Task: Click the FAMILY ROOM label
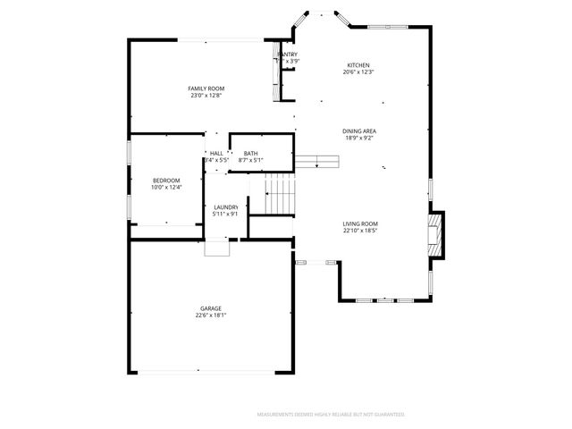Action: coord(206,88)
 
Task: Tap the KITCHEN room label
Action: coord(358,65)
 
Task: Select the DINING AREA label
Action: coord(358,130)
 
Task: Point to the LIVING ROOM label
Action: coord(360,223)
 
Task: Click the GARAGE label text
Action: coord(210,308)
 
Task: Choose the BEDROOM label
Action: coord(166,181)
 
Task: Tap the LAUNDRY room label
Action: coord(225,207)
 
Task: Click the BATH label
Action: coord(250,154)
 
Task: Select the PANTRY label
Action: coord(288,55)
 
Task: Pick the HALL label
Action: coord(216,154)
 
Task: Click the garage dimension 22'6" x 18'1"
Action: coord(210,315)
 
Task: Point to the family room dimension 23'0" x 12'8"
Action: coord(206,96)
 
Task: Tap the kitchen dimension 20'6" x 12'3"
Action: coord(358,72)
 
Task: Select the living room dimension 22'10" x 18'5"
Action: coord(360,231)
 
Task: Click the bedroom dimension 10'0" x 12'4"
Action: coord(166,188)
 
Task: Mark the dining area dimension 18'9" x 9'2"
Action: coord(358,138)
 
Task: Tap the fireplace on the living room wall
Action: coord(434,234)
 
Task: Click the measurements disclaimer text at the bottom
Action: coord(331,415)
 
